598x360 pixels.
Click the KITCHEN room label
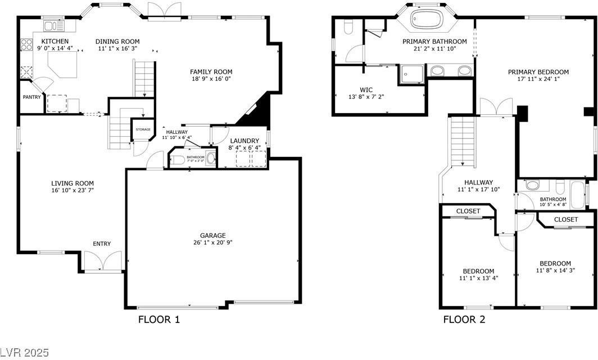click(x=55, y=41)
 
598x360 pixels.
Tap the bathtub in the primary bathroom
click(x=427, y=19)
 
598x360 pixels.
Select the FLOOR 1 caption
click(x=159, y=320)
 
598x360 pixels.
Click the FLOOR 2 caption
click(x=464, y=320)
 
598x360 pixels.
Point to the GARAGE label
click(x=213, y=235)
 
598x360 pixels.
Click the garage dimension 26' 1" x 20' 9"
click(x=213, y=243)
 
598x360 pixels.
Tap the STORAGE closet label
click(x=143, y=130)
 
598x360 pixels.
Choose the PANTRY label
click(x=32, y=97)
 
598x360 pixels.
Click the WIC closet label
click(x=366, y=89)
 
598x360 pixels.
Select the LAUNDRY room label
click(x=244, y=141)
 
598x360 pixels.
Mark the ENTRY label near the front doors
click(x=102, y=244)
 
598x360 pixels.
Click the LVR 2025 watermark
click(x=25, y=353)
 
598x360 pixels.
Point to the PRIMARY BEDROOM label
click(x=538, y=72)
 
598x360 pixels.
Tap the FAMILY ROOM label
click(x=211, y=71)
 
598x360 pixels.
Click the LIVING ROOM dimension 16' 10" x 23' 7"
click(x=73, y=191)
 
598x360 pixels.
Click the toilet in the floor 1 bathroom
click(x=176, y=160)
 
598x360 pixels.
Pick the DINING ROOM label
click(x=117, y=41)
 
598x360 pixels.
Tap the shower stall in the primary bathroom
click(x=411, y=73)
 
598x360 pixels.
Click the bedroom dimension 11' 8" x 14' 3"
click(x=555, y=271)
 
